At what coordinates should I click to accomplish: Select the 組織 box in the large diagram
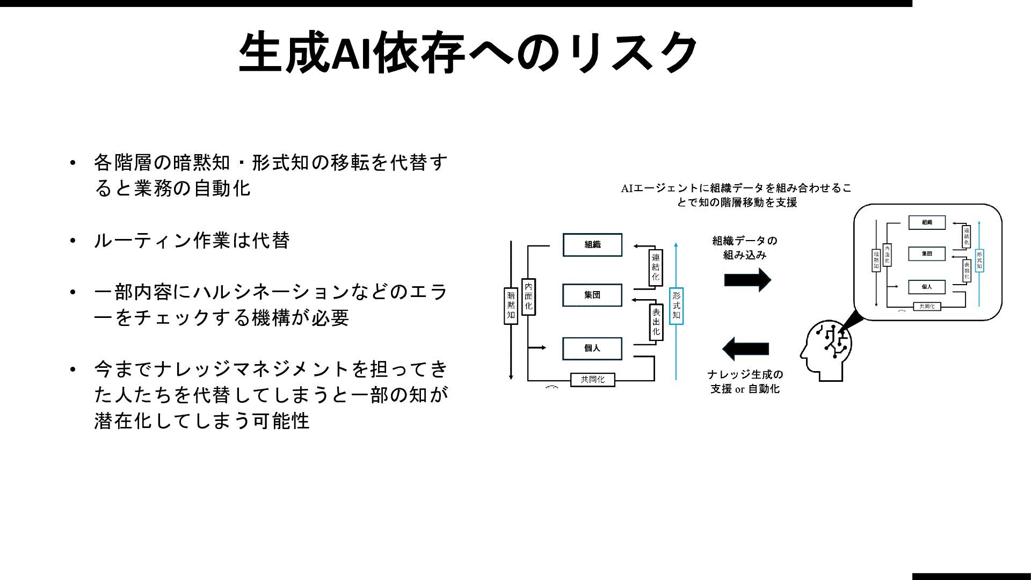(592, 245)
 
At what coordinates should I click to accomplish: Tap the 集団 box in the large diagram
(592, 295)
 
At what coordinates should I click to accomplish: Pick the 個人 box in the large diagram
(592, 348)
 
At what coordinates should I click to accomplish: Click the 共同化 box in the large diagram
(592, 379)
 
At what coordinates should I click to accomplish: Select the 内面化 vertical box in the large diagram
(528, 296)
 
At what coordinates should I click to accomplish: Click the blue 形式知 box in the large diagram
(676, 305)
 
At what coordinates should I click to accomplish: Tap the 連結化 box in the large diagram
(655, 267)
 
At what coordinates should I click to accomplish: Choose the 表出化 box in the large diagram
(656, 322)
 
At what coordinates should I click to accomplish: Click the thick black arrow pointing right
(747, 280)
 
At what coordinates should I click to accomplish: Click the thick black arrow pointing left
(746, 349)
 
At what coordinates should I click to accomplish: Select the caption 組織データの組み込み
(745, 248)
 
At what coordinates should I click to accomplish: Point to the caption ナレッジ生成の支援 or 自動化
(745, 381)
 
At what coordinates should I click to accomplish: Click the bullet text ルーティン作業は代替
(192, 240)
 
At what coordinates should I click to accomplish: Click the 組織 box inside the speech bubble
(927, 222)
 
